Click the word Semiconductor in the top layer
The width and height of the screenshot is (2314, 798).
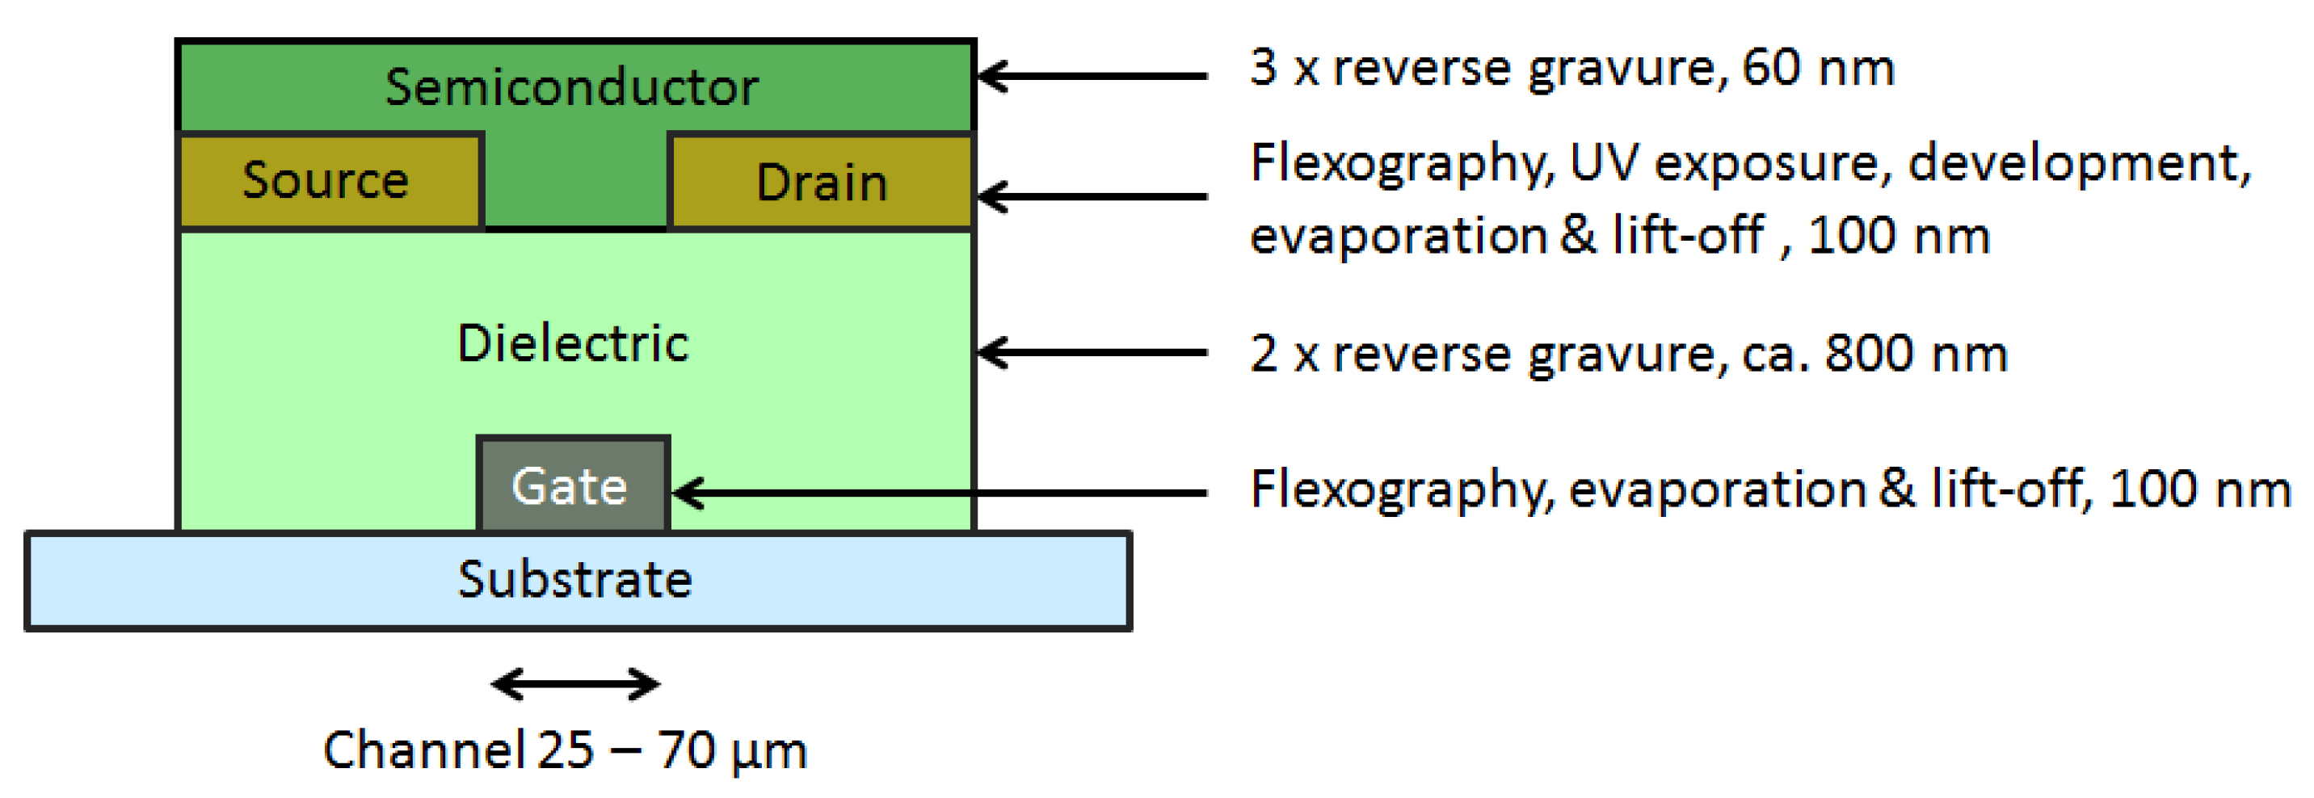point(571,87)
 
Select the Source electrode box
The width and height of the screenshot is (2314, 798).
point(329,180)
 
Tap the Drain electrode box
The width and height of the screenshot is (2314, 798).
point(821,183)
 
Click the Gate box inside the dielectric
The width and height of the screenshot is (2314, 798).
point(572,485)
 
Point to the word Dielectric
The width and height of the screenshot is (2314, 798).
point(572,343)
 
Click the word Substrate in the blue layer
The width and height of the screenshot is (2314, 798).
point(575,579)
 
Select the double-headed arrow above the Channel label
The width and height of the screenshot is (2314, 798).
point(575,684)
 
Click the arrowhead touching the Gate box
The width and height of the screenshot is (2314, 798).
point(690,492)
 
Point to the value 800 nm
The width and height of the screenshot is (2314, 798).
point(1915,353)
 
